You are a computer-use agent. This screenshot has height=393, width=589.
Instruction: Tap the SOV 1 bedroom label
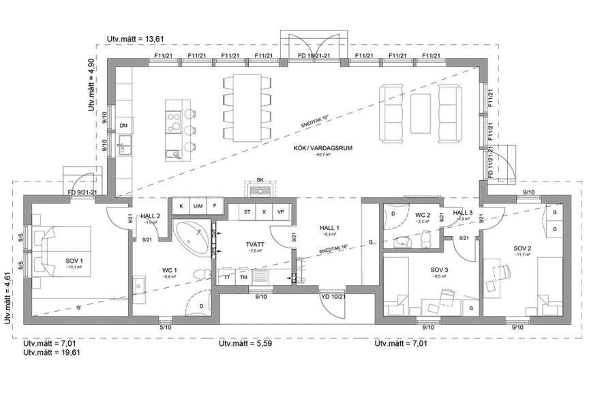[74, 261]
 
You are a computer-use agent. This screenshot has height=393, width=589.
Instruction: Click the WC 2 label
[423, 215]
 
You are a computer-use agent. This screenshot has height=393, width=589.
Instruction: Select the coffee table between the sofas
[421, 110]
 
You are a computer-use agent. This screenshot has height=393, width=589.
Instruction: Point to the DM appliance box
[123, 127]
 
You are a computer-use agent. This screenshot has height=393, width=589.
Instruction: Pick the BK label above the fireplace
[260, 181]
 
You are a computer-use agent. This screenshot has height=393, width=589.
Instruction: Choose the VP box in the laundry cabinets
[280, 212]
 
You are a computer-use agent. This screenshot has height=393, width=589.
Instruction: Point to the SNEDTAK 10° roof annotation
[315, 122]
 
